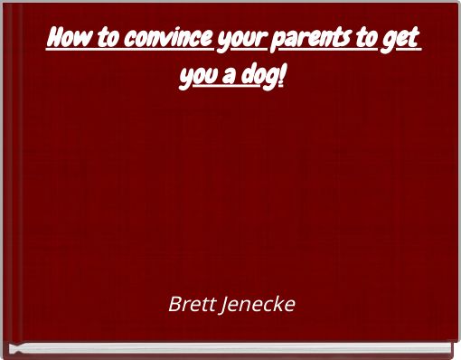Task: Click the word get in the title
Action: tap(406, 42)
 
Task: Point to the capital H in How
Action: tap(52, 40)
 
